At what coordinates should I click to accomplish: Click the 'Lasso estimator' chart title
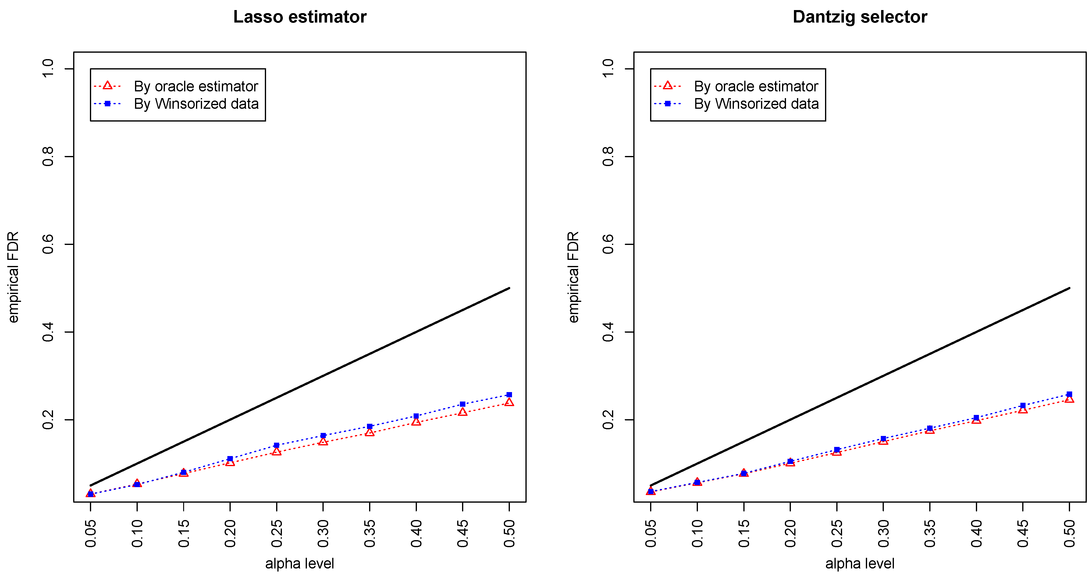[x=300, y=17]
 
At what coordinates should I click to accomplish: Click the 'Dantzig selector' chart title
[x=860, y=17]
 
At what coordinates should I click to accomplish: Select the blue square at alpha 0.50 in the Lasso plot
[x=509, y=395]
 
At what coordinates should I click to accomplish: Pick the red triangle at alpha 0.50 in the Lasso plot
[x=509, y=402]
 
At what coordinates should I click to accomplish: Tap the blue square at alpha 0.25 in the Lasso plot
[x=276, y=445]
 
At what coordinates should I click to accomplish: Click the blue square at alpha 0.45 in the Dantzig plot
[x=1023, y=405]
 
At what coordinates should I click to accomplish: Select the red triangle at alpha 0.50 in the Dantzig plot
[x=1069, y=399]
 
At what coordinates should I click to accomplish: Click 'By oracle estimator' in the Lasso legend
[x=196, y=87]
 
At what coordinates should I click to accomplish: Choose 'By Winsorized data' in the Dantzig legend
[x=756, y=104]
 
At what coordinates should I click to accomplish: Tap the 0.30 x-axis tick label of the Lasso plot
[x=323, y=533]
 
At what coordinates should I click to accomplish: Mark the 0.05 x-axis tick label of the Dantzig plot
[x=651, y=533]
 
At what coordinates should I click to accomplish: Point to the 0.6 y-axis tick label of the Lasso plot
[x=48, y=244]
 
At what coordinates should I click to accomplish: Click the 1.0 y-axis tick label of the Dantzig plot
[x=608, y=69]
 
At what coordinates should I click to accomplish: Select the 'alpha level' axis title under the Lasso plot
[x=300, y=564]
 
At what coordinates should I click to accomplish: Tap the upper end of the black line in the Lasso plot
[x=509, y=288]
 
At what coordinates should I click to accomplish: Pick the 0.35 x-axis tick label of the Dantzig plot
[x=930, y=533]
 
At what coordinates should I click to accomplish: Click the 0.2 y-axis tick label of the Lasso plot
[x=48, y=419]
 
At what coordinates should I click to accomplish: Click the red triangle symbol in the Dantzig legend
[x=668, y=86]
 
